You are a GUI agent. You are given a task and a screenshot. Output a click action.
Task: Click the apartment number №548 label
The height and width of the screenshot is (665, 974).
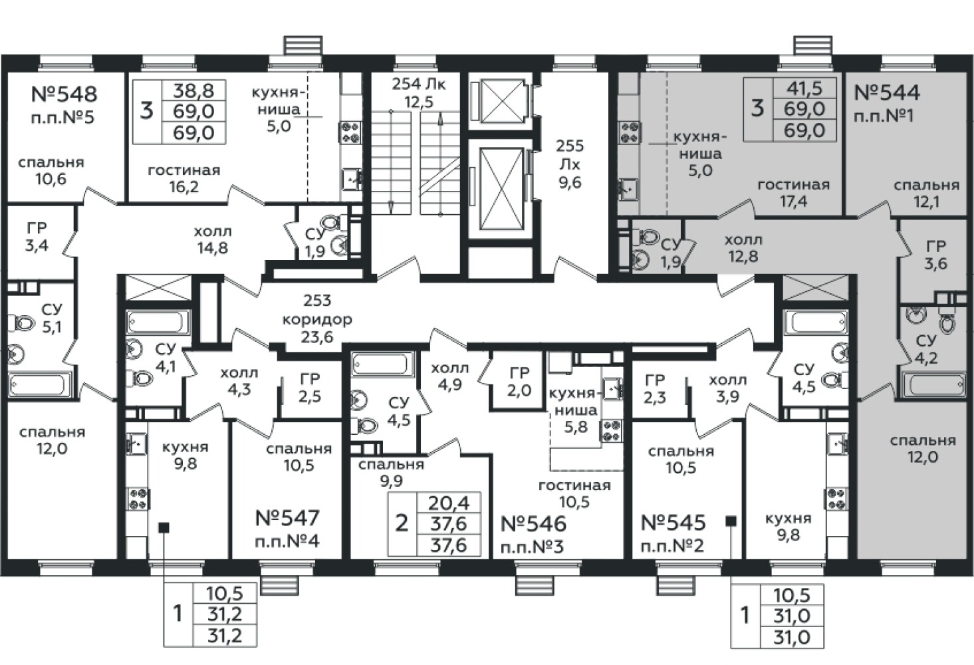64,94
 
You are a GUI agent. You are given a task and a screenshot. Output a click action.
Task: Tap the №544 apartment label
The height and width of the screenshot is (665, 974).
887,92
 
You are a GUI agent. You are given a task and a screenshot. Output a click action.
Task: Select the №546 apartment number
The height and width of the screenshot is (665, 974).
533,524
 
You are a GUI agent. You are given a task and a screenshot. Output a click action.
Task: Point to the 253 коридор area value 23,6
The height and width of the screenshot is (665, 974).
317,336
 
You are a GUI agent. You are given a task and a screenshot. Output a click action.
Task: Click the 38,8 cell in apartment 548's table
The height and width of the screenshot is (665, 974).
193,90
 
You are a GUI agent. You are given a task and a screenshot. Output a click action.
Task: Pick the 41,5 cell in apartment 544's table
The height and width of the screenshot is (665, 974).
804,88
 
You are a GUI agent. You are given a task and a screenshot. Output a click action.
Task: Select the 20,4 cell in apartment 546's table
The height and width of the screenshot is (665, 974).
449,503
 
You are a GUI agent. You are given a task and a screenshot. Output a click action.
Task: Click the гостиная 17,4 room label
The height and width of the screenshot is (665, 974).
794,193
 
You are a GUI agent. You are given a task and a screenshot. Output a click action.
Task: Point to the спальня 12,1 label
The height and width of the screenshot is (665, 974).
926,194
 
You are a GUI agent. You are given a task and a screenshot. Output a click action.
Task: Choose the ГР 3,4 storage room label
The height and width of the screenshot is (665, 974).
37,237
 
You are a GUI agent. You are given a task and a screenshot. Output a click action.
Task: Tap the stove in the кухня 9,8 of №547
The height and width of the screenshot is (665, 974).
138,499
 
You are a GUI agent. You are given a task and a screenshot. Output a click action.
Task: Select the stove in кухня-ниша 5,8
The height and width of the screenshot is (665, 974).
612,430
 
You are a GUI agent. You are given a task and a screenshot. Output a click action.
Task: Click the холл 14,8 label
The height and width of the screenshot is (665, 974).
213,239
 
